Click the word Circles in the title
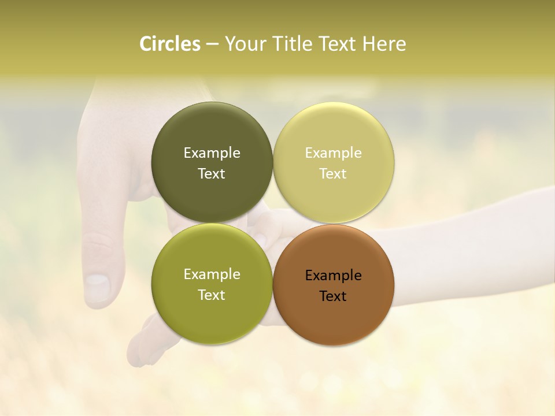tap(169, 44)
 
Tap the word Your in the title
tap(246, 44)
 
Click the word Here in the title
tap(384, 44)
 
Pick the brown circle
tap(334, 321)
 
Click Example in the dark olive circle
tap(212, 153)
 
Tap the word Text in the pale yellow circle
tap(333, 174)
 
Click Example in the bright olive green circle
tap(212, 274)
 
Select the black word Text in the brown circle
tap(333, 296)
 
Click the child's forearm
tap(462, 243)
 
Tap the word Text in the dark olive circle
tap(212, 174)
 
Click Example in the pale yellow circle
tap(333, 153)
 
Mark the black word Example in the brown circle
tap(333, 276)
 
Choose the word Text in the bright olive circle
tap(212, 295)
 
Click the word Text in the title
tap(338, 44)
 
